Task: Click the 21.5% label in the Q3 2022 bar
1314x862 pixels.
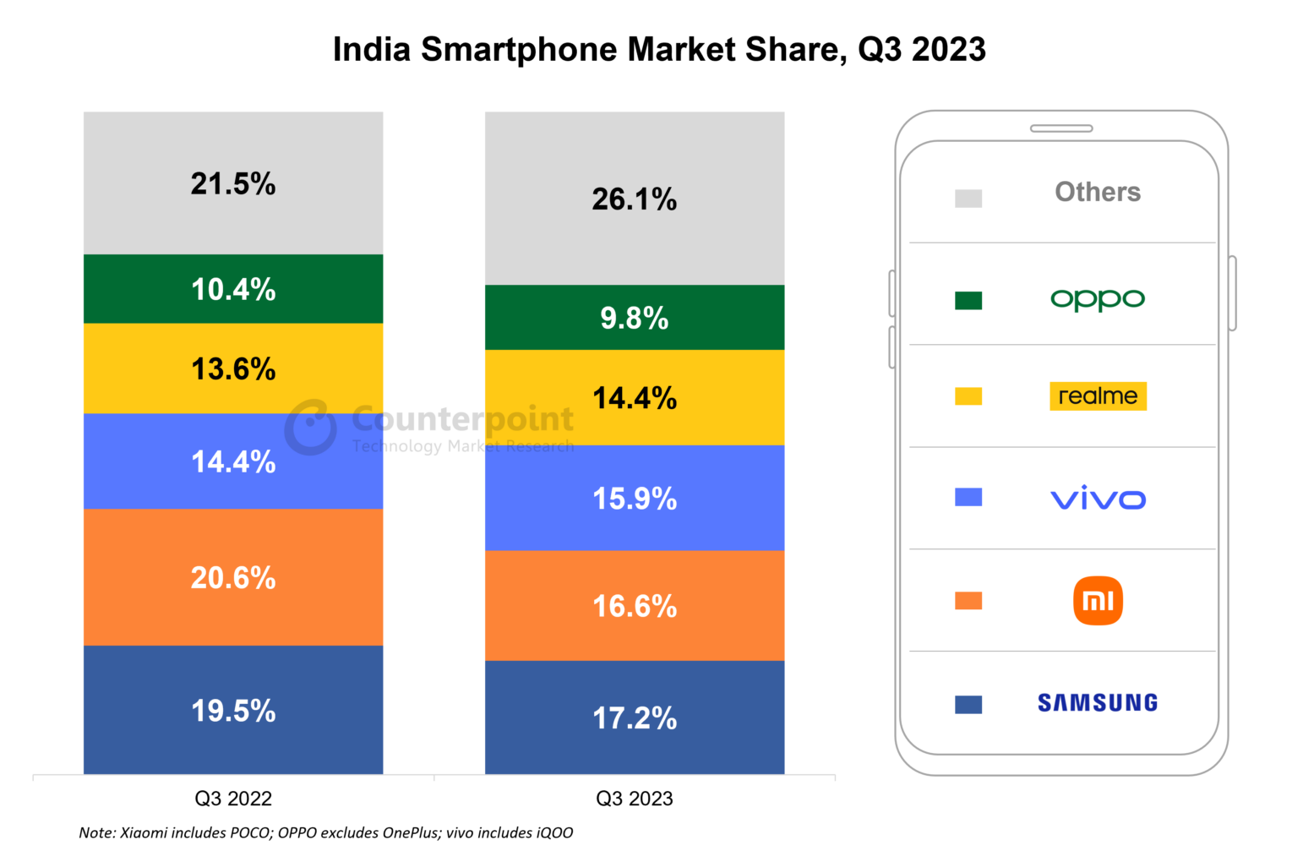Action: [233, 184]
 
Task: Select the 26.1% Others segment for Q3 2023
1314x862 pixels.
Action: [634, 199]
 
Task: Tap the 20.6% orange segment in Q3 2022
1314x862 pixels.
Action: [233, 578]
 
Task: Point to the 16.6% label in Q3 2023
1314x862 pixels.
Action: [634, 607]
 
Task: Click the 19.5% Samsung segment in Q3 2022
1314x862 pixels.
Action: [233, 711]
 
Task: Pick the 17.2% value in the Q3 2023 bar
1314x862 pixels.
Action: [634, 718]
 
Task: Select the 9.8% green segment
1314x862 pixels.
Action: [634, 319]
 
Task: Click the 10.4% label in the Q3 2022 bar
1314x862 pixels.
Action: [233, 290]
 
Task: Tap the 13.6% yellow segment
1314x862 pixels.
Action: [233, 369]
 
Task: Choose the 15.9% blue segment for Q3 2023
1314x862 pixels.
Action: [634, 499]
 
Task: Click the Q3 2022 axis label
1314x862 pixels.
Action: [233, 799]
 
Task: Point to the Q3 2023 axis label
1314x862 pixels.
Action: [634, 799]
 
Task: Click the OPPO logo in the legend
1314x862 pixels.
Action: [1097, 299]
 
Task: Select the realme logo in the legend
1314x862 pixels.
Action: [1098, 396]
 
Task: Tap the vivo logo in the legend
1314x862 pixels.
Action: [1098, 499]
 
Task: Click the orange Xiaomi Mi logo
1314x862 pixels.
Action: [1098, 601]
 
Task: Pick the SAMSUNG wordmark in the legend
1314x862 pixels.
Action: [1098, 703]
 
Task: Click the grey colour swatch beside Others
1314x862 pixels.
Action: [968, 199]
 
